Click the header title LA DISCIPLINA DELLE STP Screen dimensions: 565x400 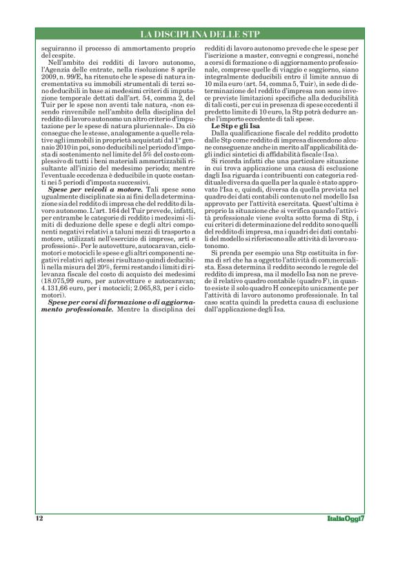pos(199,34)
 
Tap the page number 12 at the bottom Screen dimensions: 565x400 pos(39,517)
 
